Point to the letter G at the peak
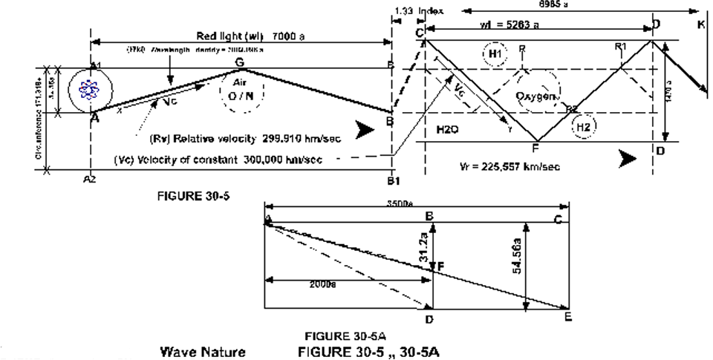coord(239,62)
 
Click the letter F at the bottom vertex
coord(535,148)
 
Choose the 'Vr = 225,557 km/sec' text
coord(509,166)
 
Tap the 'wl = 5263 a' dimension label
coord(508,24)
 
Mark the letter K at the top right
coord(701,24)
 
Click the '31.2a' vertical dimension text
coord(424,242)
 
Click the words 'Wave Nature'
coord(203,351)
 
